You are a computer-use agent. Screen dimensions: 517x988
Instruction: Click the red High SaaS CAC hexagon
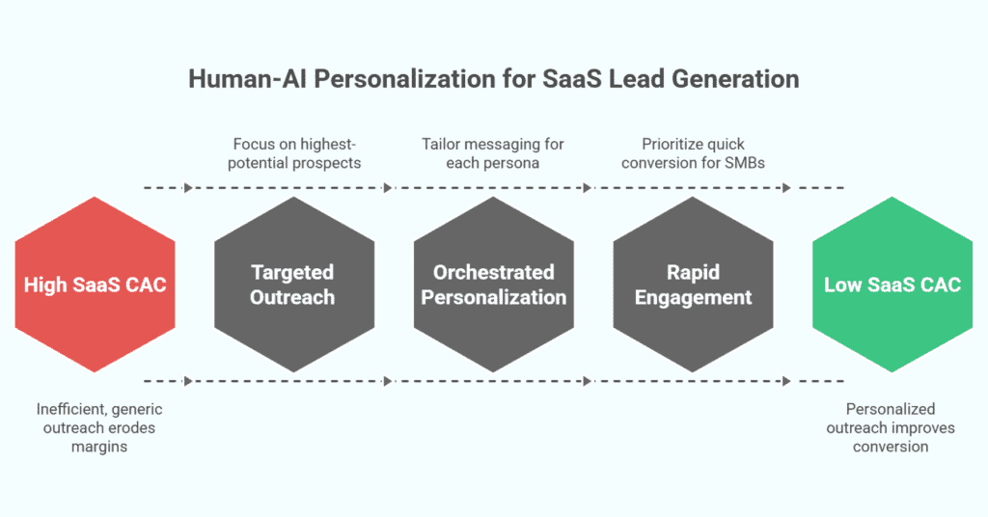[95, 286]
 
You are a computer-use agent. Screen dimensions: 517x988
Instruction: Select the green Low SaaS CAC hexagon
[892, 286]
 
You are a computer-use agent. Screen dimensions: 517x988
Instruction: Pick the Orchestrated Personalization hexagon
[494, 286]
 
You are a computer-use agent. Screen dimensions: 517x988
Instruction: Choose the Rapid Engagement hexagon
[693, 286]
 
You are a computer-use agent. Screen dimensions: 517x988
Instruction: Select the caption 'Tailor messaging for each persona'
[493, 152]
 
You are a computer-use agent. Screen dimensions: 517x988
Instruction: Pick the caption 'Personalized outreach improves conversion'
[891, 427]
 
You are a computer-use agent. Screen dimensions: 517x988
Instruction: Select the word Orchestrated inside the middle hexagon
[494, 273]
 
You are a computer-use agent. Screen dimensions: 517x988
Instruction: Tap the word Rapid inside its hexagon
[693, 273]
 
